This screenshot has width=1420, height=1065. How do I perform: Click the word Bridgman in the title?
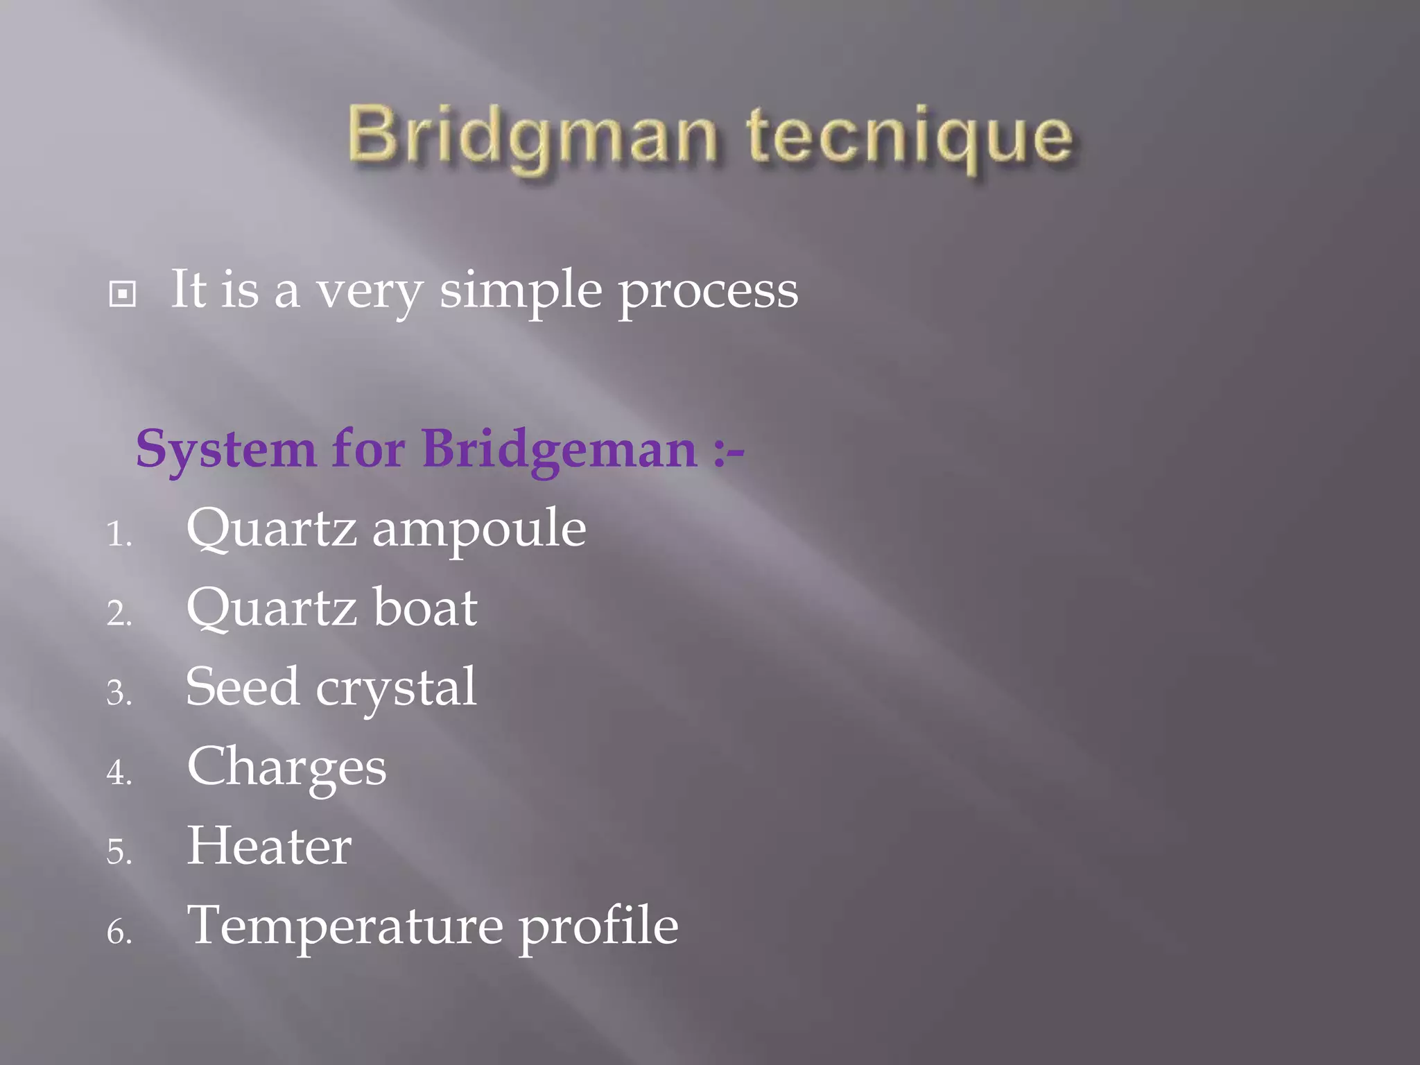click(531, 136)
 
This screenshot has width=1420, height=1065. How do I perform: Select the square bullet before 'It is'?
click(123, 294)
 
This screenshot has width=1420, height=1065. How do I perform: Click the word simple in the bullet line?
click(521, 291)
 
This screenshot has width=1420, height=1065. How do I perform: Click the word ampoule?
click(479, 528)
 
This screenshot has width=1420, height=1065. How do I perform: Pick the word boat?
click(425, 607)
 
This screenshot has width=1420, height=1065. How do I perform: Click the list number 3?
click(119, 693)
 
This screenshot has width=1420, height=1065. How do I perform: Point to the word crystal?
click(396, 688)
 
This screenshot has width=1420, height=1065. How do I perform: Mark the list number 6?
click(119, 932)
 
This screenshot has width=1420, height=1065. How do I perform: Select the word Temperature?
click(345, 926)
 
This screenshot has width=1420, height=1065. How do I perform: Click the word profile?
click(598, 926)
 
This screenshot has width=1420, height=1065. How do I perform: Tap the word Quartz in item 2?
click(272, 607)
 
